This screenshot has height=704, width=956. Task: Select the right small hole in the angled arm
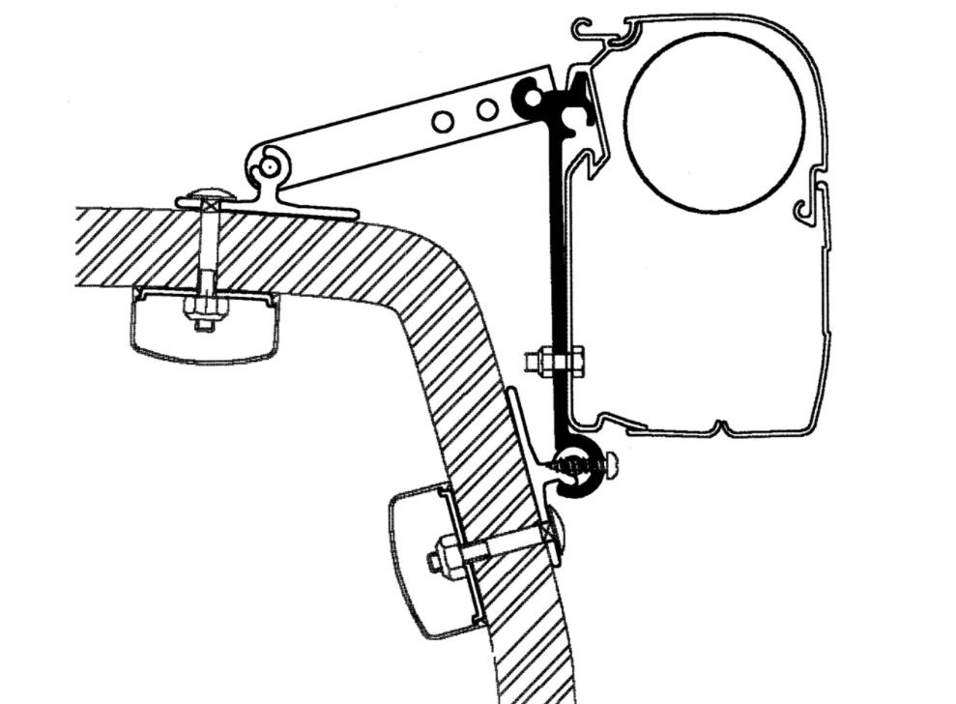point(487,108)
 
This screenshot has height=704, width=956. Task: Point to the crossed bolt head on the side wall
point(553,533)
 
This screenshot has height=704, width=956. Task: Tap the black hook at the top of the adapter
point(531,98)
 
